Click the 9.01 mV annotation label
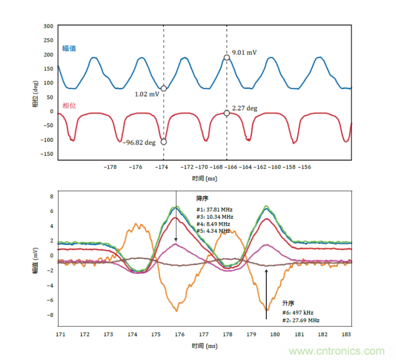point(244,52)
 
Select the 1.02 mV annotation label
point(147,94)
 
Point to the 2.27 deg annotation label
point(244,108)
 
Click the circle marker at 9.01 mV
point(227,58)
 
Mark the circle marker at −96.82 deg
point(163,141)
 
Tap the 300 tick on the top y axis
point(48,27)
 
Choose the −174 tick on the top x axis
point(162,167)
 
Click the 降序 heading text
point(202,198)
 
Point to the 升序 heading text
point(288,303)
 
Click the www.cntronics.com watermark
point(337,351)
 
